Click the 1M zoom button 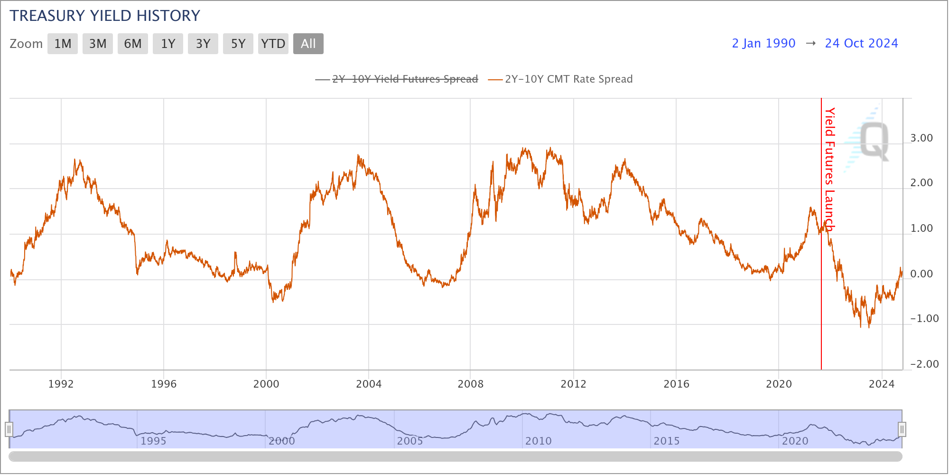[63, 44]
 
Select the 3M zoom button [98, 44]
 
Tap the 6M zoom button [133, 44]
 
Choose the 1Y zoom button [168, 44]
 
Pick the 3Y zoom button [203, 44]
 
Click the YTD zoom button [273, 44]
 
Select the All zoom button [308, 44]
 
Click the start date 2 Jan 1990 [763, 43]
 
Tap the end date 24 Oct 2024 [861, 43]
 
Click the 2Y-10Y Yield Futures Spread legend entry [405, 79]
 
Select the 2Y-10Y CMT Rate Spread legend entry [568, 79]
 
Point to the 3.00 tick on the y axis [921, 138]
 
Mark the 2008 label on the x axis [471, 384]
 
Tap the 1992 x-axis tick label [61, 384]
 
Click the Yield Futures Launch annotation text [829, 169]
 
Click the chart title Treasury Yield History [105, 16]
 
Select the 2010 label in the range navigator [539, 441]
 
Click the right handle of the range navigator [902, 429]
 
